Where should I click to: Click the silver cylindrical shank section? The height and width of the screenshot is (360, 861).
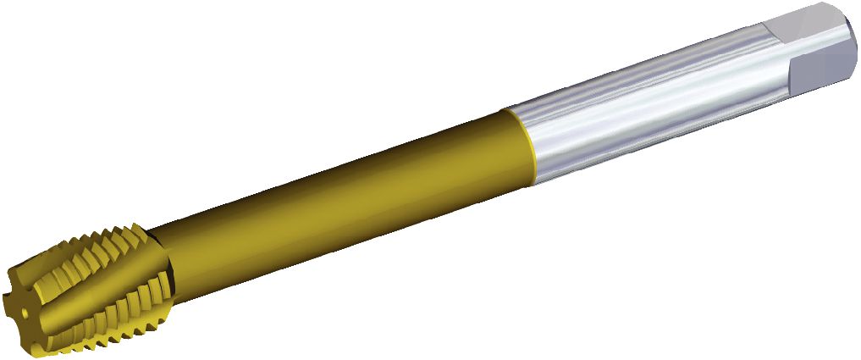point(643,110)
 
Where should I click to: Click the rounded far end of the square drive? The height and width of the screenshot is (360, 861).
point(851,47)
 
